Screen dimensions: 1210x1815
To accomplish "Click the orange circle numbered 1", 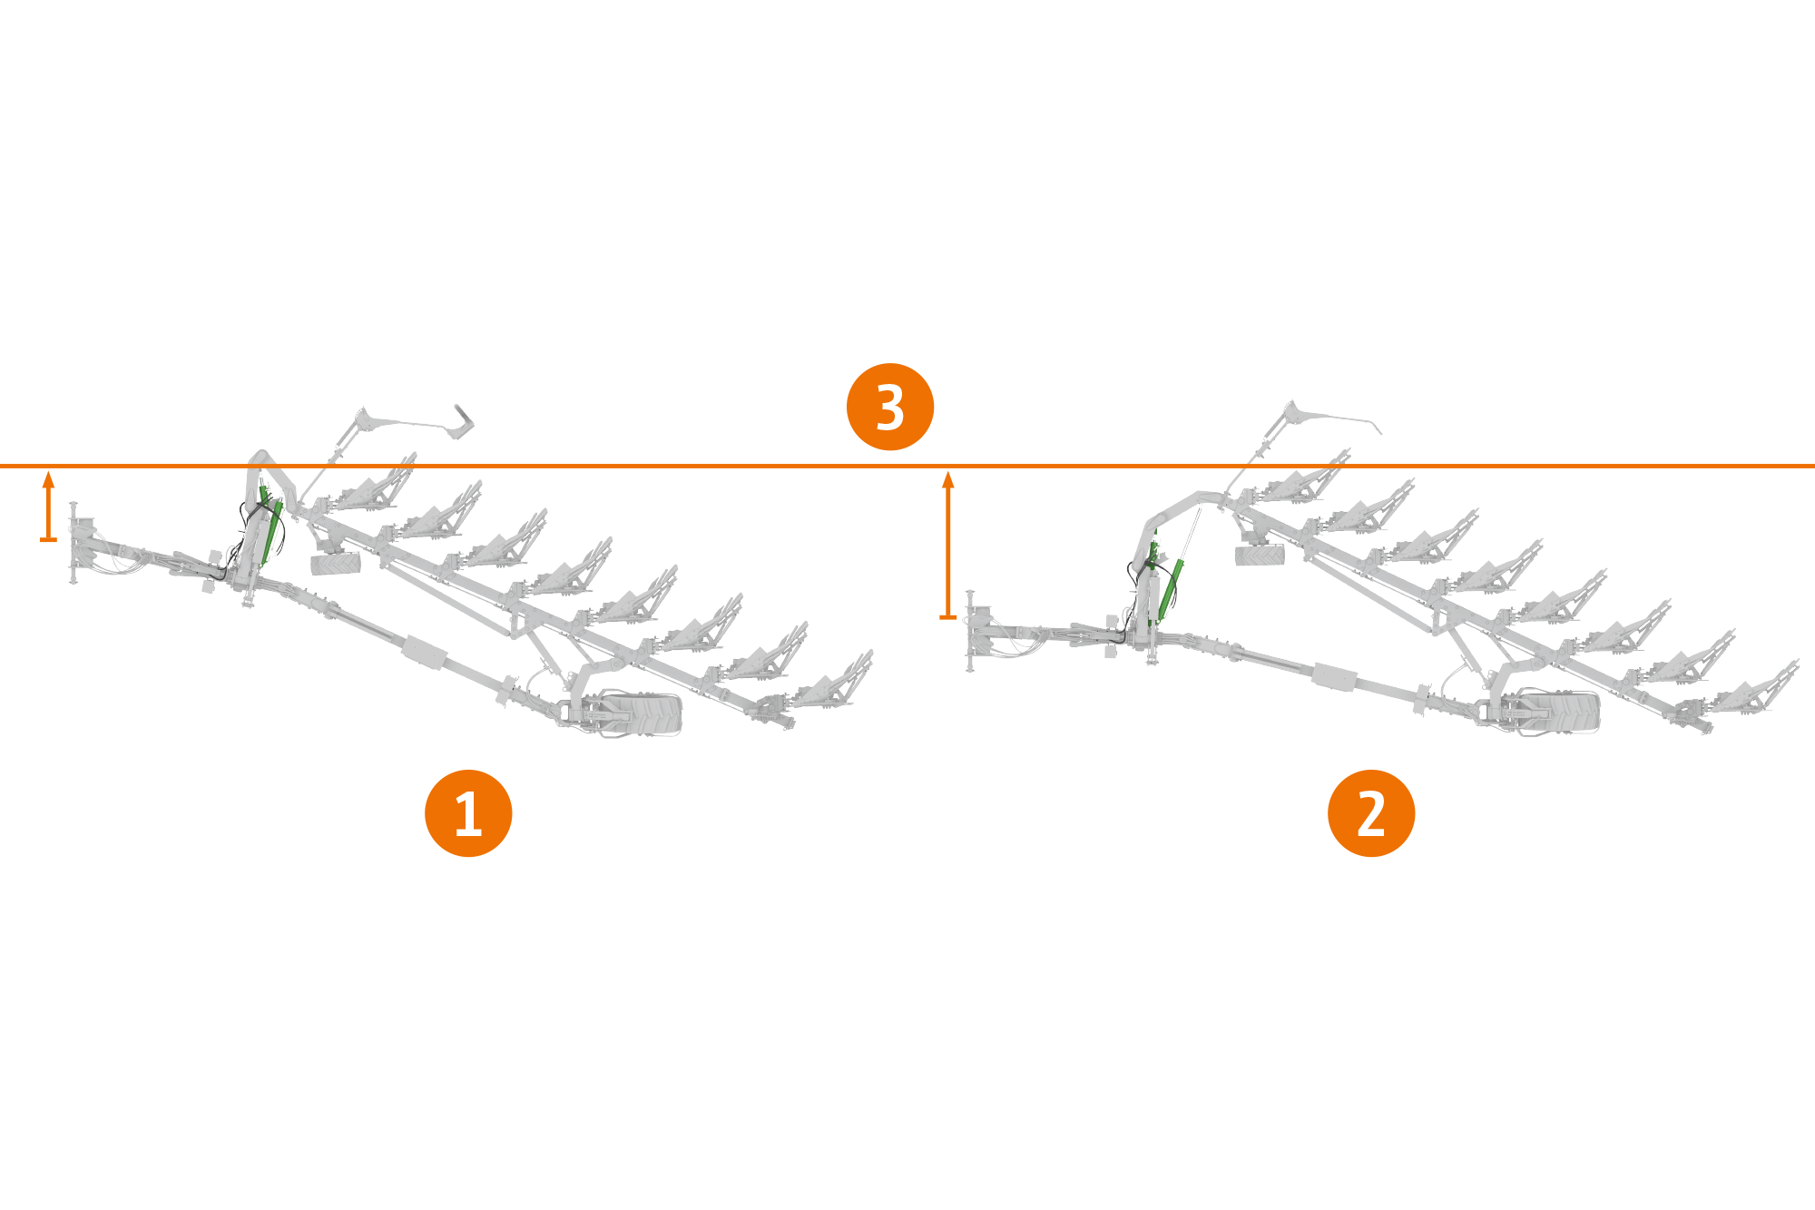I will click(x=468, y=812).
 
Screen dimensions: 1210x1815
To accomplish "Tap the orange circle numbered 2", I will click(x=1370, y=812).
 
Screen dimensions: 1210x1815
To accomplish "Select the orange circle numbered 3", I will click(x=889, y=407).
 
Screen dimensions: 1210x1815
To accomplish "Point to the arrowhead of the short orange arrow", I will click(x=49, y=478).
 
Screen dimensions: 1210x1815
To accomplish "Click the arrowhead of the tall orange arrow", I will click(x=948, y=478).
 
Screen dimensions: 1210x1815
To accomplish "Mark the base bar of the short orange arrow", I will click(x=49, y=540).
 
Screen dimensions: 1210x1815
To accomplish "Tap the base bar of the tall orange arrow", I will click(x=948, y=617).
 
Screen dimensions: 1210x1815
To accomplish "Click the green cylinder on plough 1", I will click(x=270, y=531).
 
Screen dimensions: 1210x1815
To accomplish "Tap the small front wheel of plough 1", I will click(x=335, y=564).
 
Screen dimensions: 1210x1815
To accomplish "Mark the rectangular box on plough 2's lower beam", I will click(x=1334, y=675).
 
